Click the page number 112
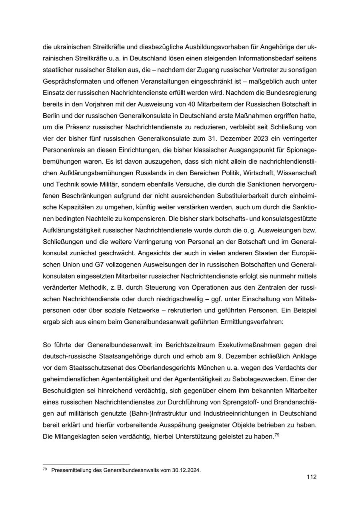pyautogui.click(x=312, y=477)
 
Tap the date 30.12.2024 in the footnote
pyautogui.click(x=186, y=470)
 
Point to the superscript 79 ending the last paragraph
pyautogui.click(x=276, y=435)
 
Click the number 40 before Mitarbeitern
pyautogui.click(x=170, y=104)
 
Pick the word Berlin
pyautogui.click(x=51, y=116)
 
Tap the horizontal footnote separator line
pyautogui.click(x=86, y=464)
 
